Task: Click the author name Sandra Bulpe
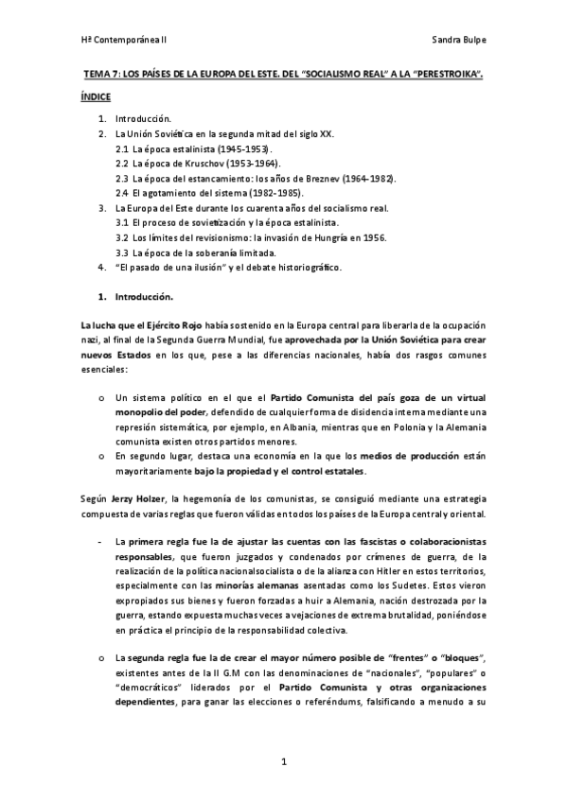[x=458, y=42]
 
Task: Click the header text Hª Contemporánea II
[x=124, y=42]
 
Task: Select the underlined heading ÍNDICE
[x=96, y=96]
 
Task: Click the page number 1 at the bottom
[x=282, y=762]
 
